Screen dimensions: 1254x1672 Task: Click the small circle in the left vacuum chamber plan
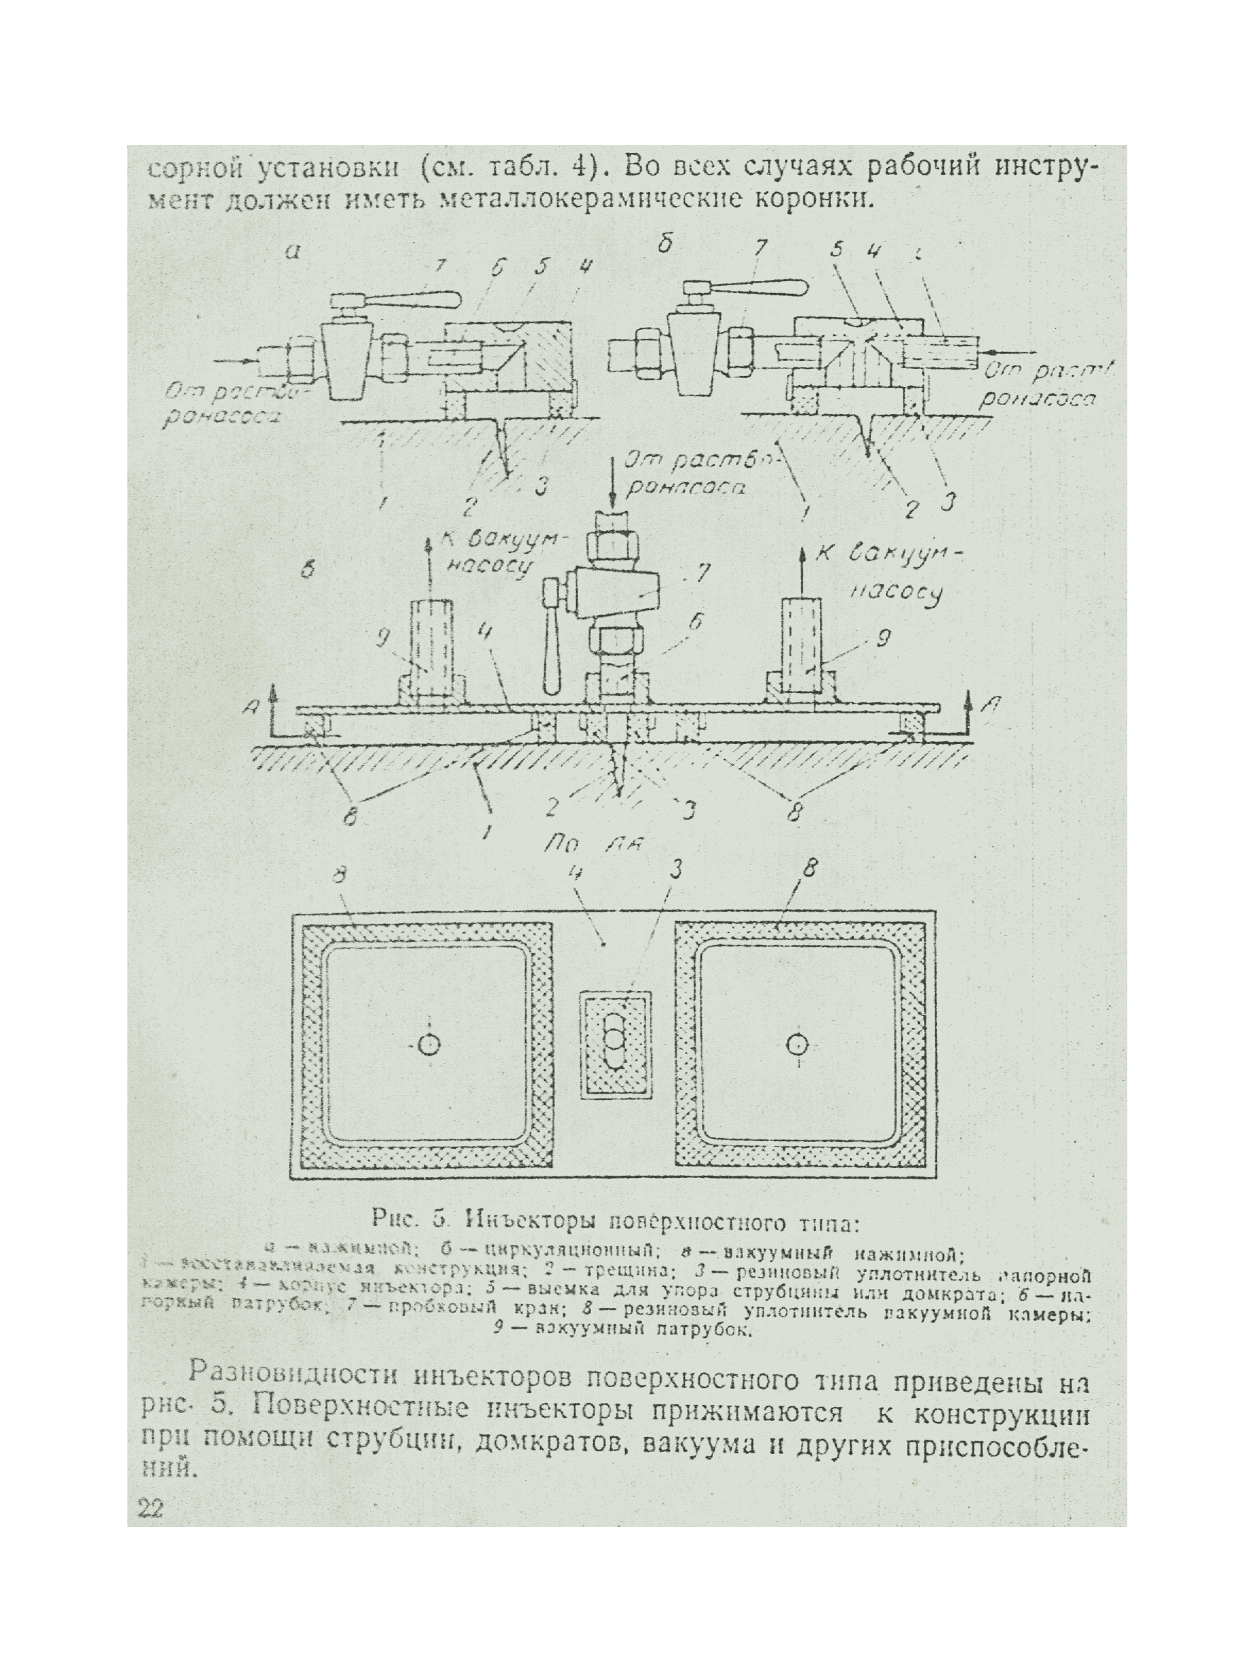(x=429, y=1046)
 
